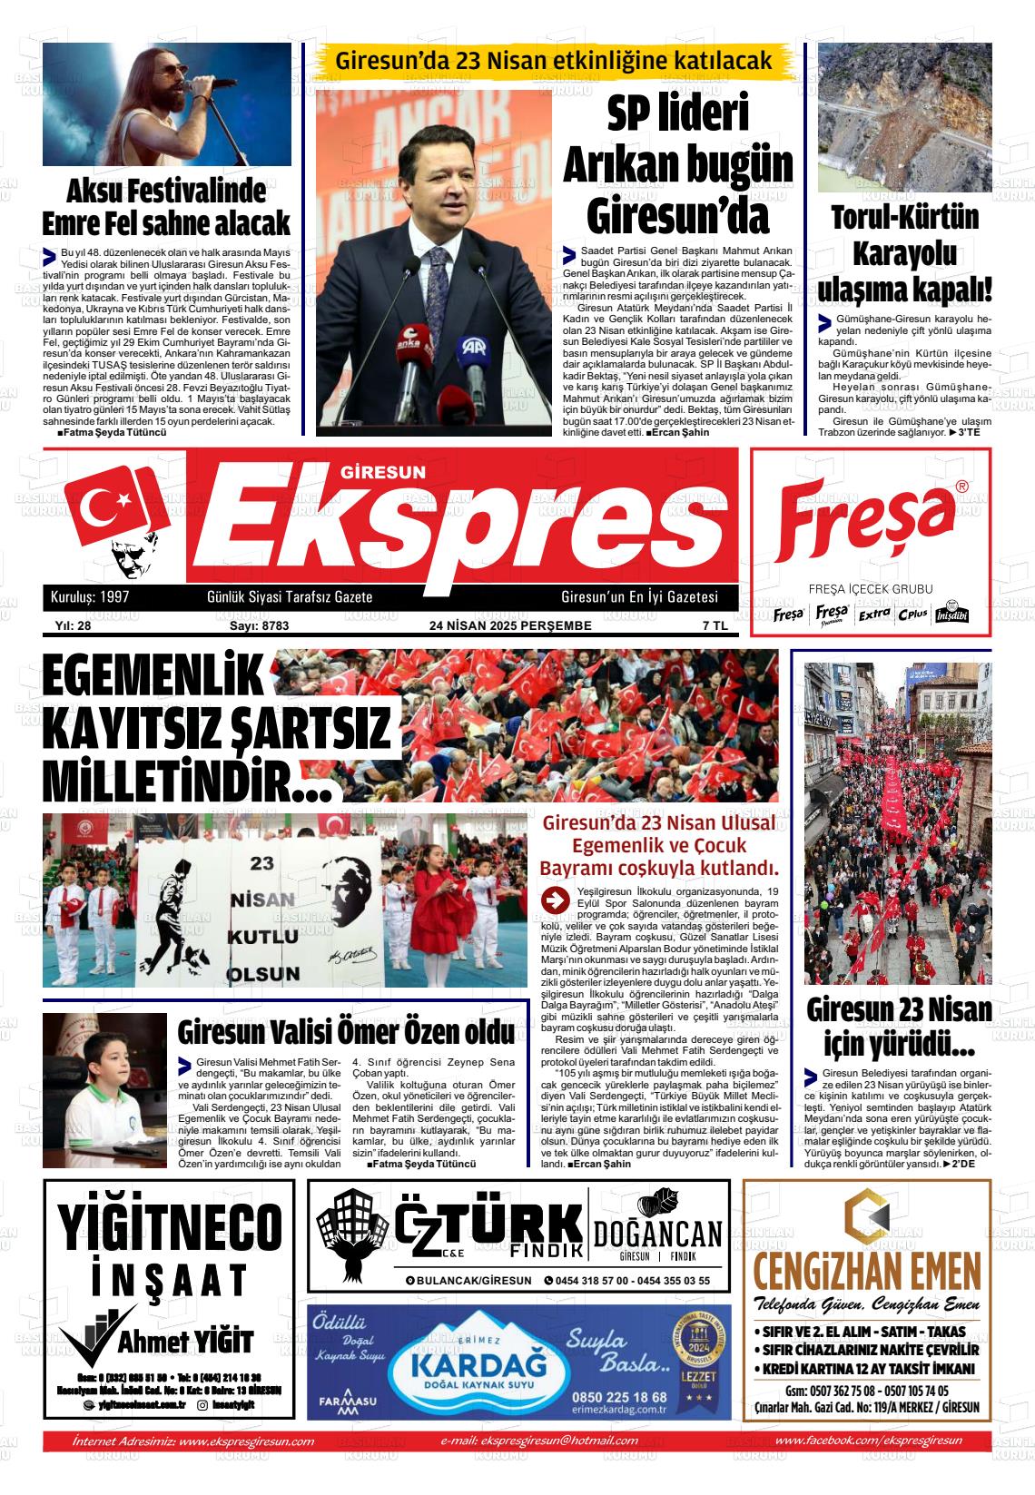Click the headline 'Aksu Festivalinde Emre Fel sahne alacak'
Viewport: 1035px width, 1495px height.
coord(166,207)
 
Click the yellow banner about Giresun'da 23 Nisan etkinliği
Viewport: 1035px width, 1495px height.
coord(554,61)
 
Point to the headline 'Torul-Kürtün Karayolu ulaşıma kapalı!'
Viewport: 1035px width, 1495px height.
coord(904,254)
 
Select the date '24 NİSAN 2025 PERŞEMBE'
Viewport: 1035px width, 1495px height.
coord(510,625)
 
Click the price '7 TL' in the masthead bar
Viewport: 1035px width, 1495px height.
coord(715,625)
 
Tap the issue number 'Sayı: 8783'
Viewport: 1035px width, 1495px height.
coord(259,625)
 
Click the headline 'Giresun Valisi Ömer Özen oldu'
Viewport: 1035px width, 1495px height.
coord(346,1033)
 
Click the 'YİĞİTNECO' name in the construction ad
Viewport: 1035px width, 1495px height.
coord(170,1225)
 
